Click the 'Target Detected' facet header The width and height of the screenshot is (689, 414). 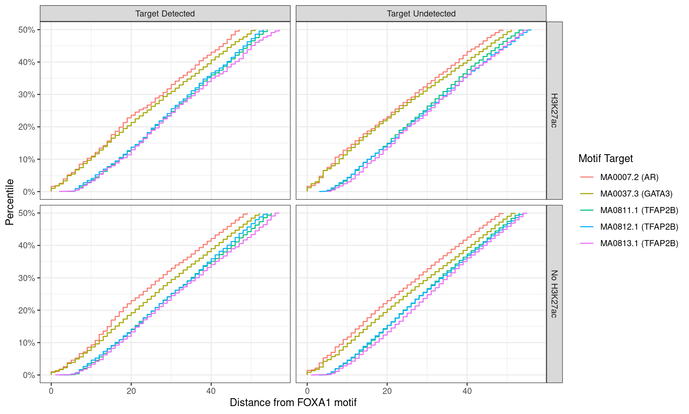coord(165,14)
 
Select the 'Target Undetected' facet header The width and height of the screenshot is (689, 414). coord(421,14)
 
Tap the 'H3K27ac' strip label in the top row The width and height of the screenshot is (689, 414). coord(554,110)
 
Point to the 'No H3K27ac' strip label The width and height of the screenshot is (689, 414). coord(554,294)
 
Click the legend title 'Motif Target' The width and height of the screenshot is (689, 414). coord(605,158)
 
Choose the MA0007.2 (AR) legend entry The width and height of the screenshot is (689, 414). coord(629,177)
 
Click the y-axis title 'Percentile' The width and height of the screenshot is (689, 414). coord(10,202)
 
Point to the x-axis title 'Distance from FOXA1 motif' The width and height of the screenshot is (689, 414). coord(293,402)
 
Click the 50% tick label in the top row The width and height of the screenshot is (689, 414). coord(27,30)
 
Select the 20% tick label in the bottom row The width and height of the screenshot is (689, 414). coord(27,310)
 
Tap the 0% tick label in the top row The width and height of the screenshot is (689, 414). coord(29,192)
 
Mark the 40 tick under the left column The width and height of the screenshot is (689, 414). coord(211,391)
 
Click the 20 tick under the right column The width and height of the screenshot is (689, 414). coord(387,391)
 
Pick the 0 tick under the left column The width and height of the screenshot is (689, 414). coord(51,391)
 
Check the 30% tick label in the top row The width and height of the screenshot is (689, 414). coord(27,95)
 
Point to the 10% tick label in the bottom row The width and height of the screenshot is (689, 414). coord(27,343)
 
